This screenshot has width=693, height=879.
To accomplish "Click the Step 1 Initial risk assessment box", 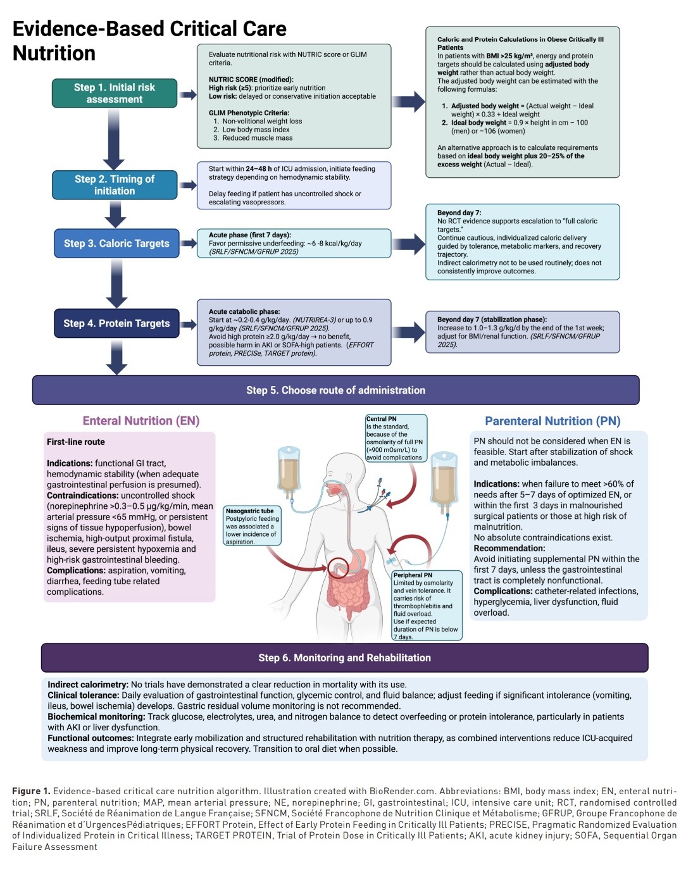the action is coord(115,93).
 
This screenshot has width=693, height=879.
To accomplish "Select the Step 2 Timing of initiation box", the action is coord(115,185).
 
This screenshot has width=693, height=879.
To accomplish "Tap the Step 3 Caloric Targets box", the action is coord(116,244).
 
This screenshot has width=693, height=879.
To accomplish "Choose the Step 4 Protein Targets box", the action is coord(116,323).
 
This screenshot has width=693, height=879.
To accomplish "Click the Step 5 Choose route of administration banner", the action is coord(336,390).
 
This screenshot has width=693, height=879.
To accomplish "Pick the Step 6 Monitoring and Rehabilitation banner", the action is coord(345,658).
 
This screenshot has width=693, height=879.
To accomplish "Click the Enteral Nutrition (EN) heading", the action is coord(141,421).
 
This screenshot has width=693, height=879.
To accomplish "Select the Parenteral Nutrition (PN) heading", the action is coord(553,421).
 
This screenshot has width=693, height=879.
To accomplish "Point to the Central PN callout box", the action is coord(396,439).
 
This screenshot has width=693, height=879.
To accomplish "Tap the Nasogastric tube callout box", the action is coord(252,526).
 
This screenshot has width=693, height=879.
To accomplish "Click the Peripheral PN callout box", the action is coord(427,606).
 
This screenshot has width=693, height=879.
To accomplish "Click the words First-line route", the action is coord(75,442).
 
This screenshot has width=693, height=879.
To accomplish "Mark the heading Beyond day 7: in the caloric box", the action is coord(459,213).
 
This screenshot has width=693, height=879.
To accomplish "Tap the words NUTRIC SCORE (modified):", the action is coord(251,80).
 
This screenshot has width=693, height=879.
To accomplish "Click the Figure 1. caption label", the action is coord(31,791).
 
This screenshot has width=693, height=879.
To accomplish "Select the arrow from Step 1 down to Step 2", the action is coord(113,139).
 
